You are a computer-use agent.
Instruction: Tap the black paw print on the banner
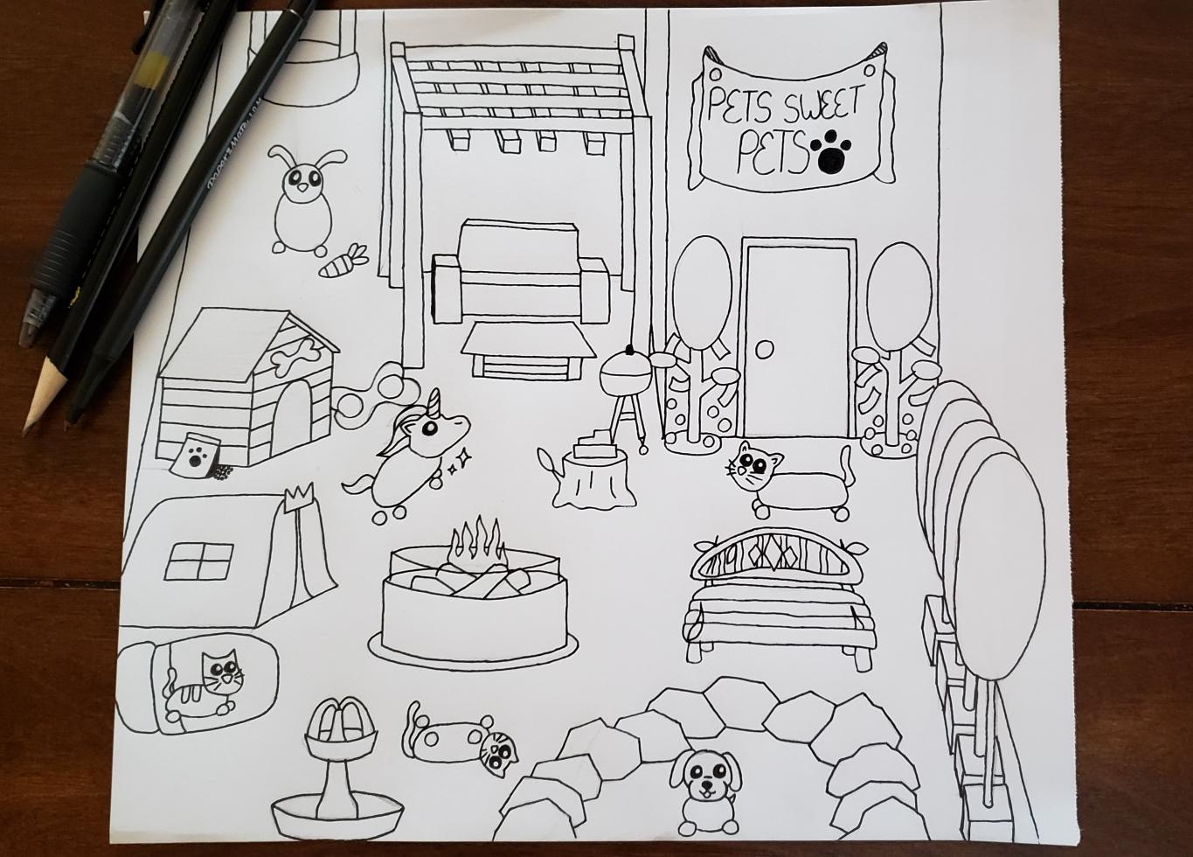(x=830, y=153)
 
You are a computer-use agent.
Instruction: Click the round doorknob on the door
(x=765, y=350)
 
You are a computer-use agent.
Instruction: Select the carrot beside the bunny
(x=343, y=261)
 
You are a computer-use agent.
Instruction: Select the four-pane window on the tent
(x=199, y=561)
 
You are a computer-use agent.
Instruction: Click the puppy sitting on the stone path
(x=704, y=792)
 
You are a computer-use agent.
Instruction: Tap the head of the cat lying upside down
(x=497, y=753)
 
